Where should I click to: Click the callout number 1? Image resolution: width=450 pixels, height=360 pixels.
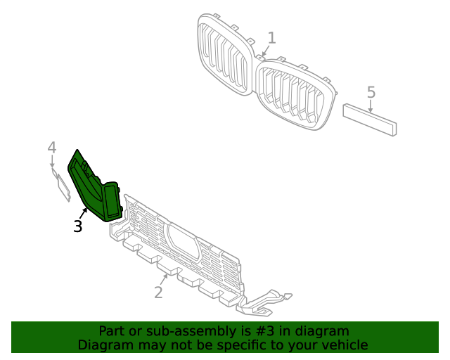tap(271, 38)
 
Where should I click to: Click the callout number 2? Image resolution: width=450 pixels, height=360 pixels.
tap(158, 292)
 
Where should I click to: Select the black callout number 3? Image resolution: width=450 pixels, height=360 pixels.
tap(78, 226)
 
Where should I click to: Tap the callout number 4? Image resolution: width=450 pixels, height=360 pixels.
tap(51, 148)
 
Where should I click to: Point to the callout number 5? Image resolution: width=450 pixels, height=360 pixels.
tap(371, 92)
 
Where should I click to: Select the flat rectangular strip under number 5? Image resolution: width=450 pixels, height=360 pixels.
tap(370, 119)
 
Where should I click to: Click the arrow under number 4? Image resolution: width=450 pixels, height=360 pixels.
tap(53, 163)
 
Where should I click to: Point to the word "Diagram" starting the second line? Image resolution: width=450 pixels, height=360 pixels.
tap(104, 345)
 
